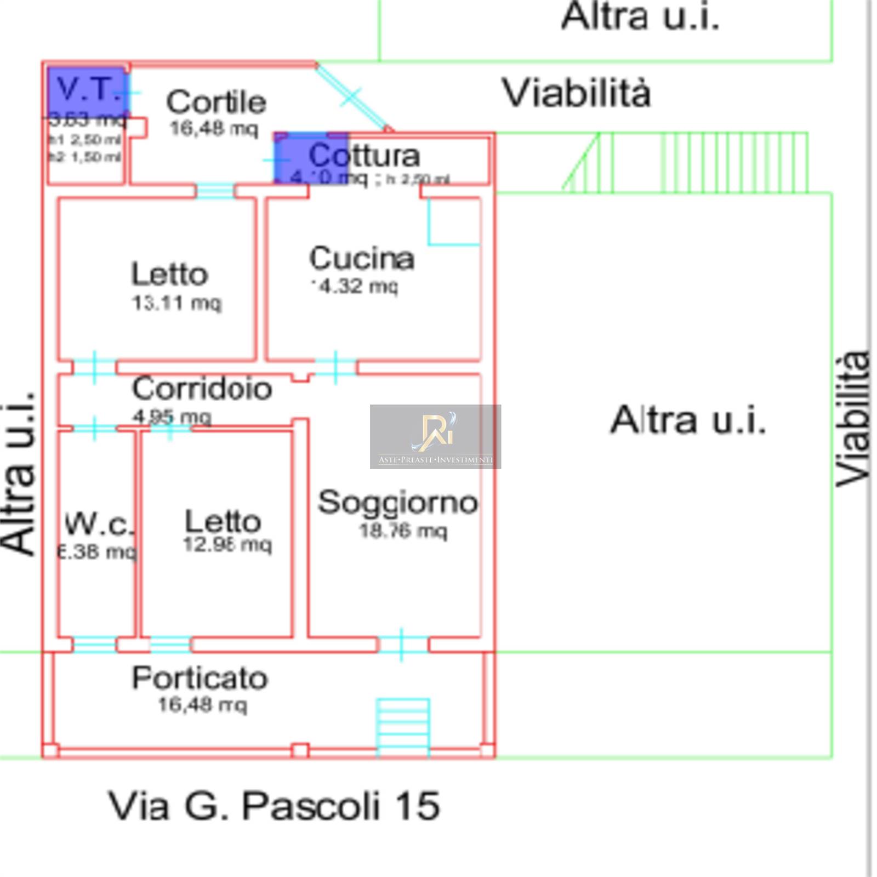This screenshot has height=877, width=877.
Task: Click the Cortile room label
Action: point(217,102)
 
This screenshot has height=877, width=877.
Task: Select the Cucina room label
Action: point(362,258)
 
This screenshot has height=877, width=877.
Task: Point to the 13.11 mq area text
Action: point(176,303)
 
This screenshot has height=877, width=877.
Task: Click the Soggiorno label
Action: point(398,503)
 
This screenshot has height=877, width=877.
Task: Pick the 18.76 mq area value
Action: point(403,531)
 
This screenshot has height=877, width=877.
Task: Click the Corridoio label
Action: point(202,389)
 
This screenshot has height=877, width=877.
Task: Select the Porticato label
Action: point(200,679)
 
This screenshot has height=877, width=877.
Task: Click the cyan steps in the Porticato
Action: point(403,726)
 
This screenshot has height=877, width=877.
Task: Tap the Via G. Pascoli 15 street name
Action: point(274,806)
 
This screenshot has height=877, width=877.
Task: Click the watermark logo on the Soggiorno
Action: point(435,436)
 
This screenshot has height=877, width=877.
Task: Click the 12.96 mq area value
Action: point(227,545)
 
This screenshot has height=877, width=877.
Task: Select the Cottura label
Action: point(365,156)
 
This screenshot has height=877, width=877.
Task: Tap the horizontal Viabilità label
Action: point(577,93)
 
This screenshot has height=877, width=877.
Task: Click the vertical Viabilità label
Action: point(853,419)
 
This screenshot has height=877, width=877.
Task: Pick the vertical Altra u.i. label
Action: point(19,474)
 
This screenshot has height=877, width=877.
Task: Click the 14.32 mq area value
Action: point(355,286)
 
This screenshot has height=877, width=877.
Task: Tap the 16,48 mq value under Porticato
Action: point(202,704)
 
